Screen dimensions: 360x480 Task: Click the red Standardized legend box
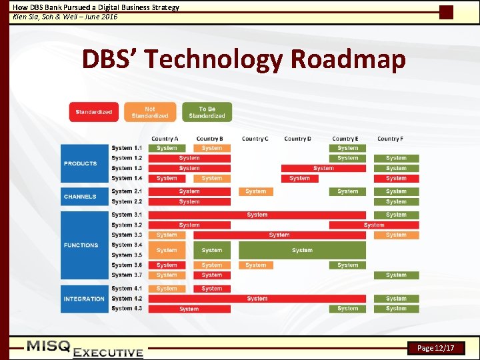[x=94, y=112]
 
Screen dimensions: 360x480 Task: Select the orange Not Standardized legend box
[x=150, y=112]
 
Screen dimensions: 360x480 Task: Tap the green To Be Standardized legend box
[x=207, y=112]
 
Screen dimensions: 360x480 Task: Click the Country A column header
[x=165, y=139]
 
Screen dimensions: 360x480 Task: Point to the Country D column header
[x=297, y=139]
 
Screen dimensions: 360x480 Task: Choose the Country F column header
[x=390, y=139]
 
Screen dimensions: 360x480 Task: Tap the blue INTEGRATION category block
[x=84, y=299]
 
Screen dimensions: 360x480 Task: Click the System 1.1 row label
[x=127, y=148]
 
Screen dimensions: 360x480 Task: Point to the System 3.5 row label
[x=127, y=255]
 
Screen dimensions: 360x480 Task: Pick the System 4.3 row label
[x=127, y=309]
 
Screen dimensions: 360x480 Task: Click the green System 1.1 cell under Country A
[x=167, y=148]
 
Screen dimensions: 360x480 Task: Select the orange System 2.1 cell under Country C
[x=255, y=191]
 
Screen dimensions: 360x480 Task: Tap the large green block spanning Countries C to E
[x=302, y=251]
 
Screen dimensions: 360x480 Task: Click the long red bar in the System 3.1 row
[x=257, y=215]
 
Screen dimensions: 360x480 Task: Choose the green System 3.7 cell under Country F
[x=396, y=275]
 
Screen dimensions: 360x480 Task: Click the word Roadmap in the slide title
[x=348, y=59]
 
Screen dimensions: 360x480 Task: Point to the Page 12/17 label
[x=436, y=348]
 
